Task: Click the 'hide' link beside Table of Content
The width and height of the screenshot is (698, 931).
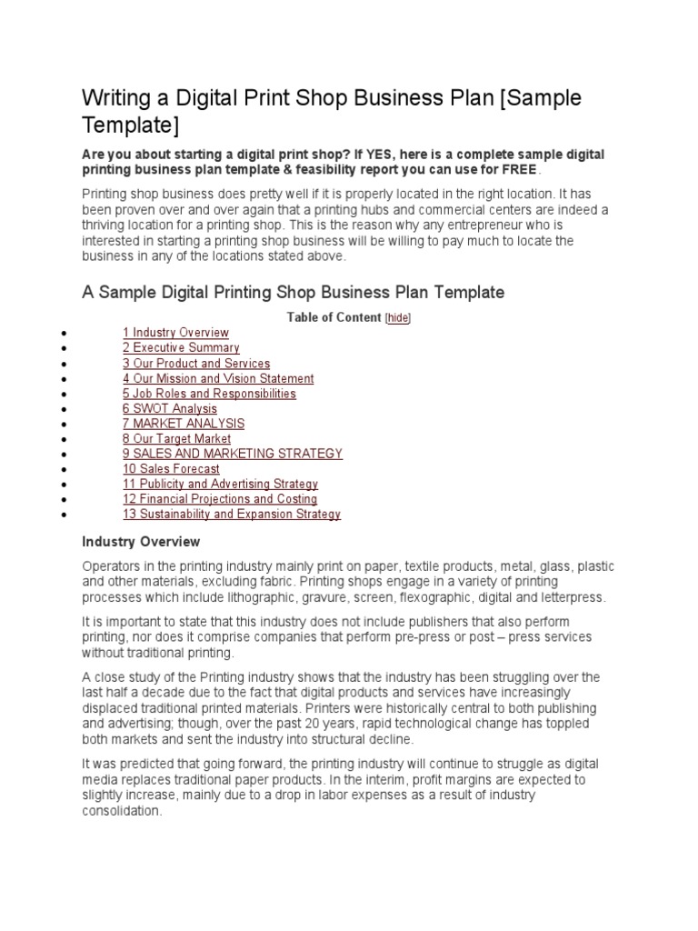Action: click(398, 317)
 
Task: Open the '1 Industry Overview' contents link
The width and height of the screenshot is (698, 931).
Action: click(175, 333)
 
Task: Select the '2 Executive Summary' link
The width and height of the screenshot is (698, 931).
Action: click(181, 348)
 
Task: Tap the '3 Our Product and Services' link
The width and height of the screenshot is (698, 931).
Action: click(196, 364)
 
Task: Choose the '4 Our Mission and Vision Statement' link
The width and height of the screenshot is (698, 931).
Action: click(218, 378)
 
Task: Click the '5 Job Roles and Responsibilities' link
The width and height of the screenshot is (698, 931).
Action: click(209, 394)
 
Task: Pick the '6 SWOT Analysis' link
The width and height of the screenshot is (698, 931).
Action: click(170, 409)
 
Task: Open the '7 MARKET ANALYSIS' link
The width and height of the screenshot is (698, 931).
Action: click(184, 424)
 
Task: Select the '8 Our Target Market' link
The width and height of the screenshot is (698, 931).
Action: click(176, 439)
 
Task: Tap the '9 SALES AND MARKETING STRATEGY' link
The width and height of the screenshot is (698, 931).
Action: click(233, 454)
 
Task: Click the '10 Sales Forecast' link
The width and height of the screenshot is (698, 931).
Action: click(171, 469)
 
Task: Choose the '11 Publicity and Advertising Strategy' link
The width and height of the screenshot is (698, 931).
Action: click(220, 485)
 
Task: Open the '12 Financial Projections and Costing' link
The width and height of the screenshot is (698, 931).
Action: click(220, 499)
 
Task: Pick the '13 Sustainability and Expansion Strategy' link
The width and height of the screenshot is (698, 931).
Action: click(232, 515)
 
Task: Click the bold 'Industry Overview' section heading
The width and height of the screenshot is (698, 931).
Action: click(141, 542)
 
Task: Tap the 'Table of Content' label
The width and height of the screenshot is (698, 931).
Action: click(334, 317)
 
